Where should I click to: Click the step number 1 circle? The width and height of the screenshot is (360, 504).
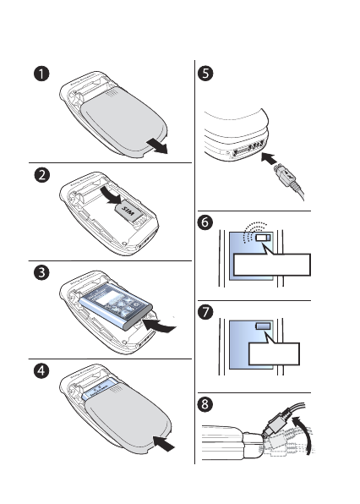[41, 74]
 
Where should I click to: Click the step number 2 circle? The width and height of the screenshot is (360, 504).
[42, 175]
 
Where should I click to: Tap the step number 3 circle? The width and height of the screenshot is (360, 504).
[41, 273]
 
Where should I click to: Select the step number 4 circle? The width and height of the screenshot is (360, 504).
[41, 371]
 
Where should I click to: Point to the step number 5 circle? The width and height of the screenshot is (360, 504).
[205, 74]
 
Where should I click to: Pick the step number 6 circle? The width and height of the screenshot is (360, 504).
[205, 222]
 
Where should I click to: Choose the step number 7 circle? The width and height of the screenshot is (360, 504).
[205, 312]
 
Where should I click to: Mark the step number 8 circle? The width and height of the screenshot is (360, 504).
[205, 404]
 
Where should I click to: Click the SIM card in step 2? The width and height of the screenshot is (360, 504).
[128, 211]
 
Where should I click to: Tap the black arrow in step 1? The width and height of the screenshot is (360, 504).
[157, 146]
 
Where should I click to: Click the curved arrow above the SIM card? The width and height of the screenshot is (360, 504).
[110, 195]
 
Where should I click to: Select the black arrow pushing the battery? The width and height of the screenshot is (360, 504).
[159, 326]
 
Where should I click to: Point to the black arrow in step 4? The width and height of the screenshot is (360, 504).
[164, 444]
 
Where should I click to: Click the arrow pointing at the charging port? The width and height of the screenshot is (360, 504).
[269, 158]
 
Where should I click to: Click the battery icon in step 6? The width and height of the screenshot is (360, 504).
[264, 238]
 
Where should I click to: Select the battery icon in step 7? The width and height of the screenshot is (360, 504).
[263, 326]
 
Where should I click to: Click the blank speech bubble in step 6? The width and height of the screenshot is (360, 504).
[271, 262]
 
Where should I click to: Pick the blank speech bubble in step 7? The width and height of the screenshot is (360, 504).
[274, 350]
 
